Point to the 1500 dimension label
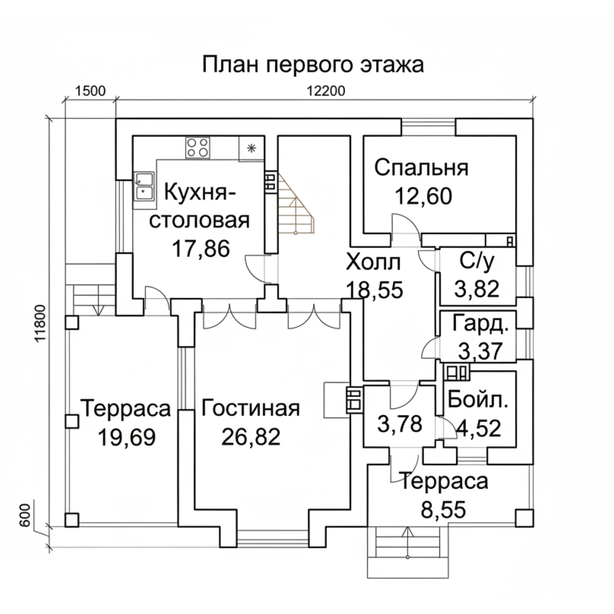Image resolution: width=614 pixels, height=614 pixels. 90,91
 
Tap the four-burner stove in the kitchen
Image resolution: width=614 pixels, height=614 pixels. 198,147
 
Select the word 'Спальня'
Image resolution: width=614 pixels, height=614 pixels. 421,168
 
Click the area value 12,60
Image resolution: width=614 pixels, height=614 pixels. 424,196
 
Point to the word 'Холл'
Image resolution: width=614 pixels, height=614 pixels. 372,262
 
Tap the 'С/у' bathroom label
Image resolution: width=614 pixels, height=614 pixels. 477,262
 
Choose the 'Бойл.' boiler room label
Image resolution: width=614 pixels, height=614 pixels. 478,400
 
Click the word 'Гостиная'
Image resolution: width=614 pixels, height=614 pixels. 251,408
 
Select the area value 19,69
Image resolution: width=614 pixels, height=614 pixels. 127,437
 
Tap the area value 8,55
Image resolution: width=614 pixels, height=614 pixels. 443,510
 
